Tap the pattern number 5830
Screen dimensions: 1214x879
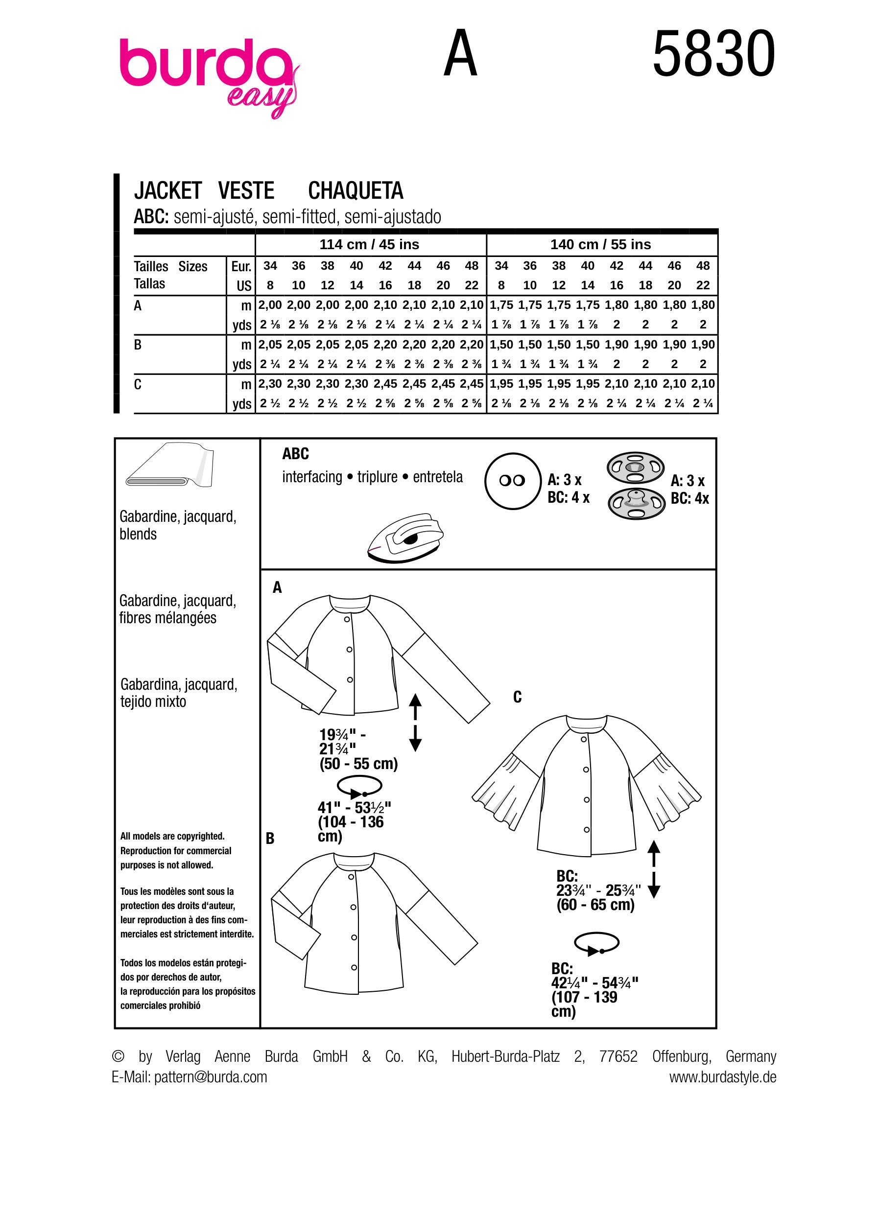[x=713, y=54]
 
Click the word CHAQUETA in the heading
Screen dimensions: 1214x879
[x=356, y=191]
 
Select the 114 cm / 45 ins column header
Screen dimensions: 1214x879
[x=369, y=245]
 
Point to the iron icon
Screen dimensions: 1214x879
[x=405, y=538]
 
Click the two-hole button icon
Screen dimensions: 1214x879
[x=512, y=481]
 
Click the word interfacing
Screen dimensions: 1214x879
[x=312, y=477]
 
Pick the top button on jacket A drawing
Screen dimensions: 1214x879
[x=347, y=619]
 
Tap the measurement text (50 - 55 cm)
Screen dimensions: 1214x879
[x=358, y=764]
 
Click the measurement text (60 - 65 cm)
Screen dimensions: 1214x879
[x=595, y=906]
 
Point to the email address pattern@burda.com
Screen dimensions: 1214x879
[x=211, y=1077]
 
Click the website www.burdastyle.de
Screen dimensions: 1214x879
[x=722, y=1077]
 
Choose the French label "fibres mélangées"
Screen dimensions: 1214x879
[x=167, y=618]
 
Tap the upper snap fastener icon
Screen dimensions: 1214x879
[x=636, y=467]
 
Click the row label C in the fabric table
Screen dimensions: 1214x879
[x=138, y=385]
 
